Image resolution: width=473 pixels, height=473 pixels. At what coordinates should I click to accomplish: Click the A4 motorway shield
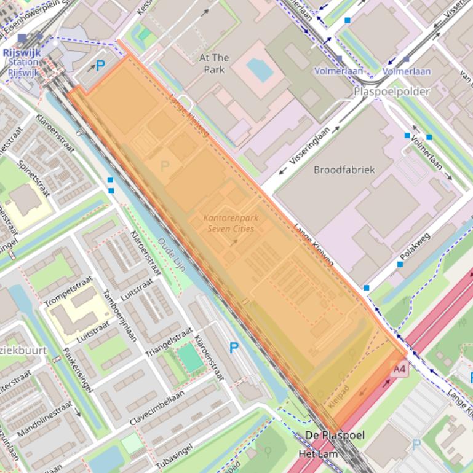coord(399,369)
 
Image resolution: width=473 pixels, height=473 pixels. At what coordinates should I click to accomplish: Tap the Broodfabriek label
coord(344,170)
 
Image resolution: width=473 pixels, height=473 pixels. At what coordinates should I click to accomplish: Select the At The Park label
coord(214,63)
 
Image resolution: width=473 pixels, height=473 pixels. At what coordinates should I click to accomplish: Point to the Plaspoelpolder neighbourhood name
coord(391,92)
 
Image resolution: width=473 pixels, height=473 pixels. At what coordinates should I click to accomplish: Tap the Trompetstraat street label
coord(68,291)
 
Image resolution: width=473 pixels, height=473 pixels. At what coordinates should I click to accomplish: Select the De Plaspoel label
coord(335,436)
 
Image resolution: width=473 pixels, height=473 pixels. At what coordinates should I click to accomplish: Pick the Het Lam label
coord(318,454)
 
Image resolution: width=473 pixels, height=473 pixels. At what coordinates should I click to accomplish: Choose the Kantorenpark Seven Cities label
coord(231,223)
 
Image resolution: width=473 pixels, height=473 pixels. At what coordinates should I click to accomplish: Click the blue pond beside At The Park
coord(261,71)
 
